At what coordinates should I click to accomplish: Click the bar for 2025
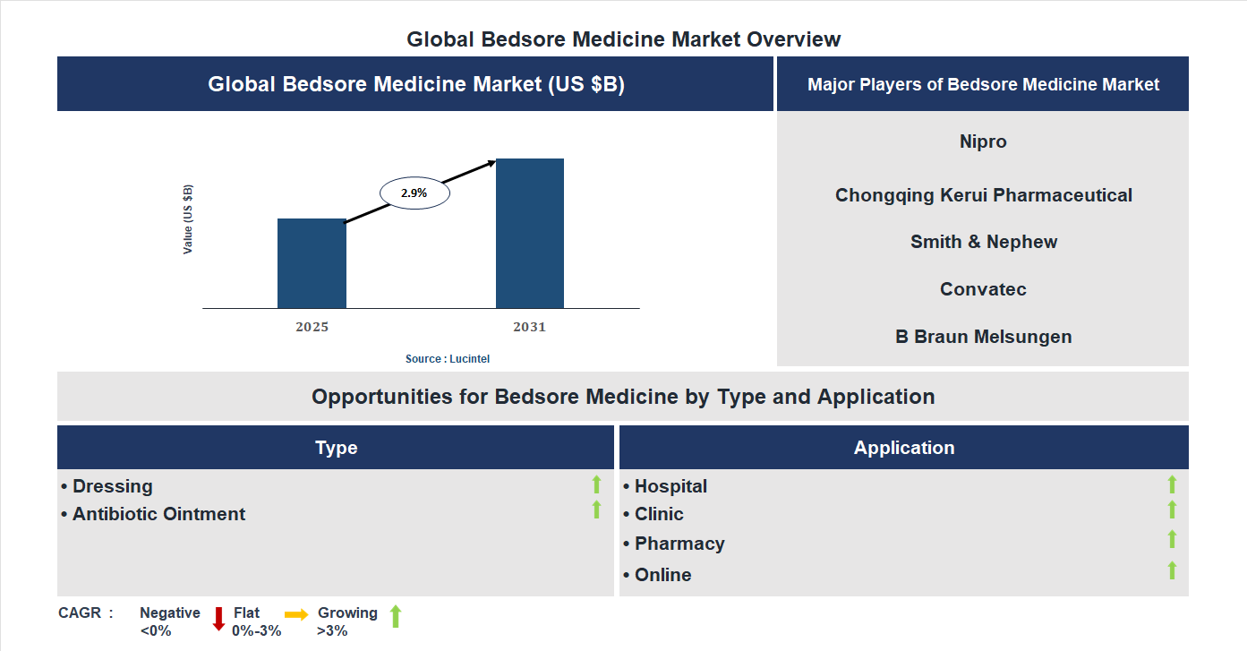pos(312,263)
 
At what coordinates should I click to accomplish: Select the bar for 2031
pos(530,234)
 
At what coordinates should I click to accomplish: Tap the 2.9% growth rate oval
pos(414,193)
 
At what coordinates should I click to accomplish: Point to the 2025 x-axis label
pos(312,327)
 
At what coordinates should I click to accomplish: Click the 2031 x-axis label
pos(529,327)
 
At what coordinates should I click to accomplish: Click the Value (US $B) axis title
pos(188,219)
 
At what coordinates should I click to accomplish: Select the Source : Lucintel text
pos(448,358)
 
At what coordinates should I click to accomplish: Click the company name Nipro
pos(983,141)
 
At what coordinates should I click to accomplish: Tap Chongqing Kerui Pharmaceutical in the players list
pos(983,195)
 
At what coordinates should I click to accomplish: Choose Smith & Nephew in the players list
pos(983,242)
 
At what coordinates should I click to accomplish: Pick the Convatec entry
pos(983,289)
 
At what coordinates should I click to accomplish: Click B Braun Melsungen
pos(983,337)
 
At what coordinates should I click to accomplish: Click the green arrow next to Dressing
pos(596,484)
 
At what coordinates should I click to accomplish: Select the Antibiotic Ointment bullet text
pos(158,514)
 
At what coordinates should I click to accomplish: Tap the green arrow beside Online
pos(1172,570)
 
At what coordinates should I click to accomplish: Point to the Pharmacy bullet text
pos(679,544)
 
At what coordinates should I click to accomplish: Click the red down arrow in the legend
pos(218,618)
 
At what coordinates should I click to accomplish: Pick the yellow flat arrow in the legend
pos(296,614)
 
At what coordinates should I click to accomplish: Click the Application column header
pos(903,448)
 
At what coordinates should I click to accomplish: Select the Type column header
pos(336,448)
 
